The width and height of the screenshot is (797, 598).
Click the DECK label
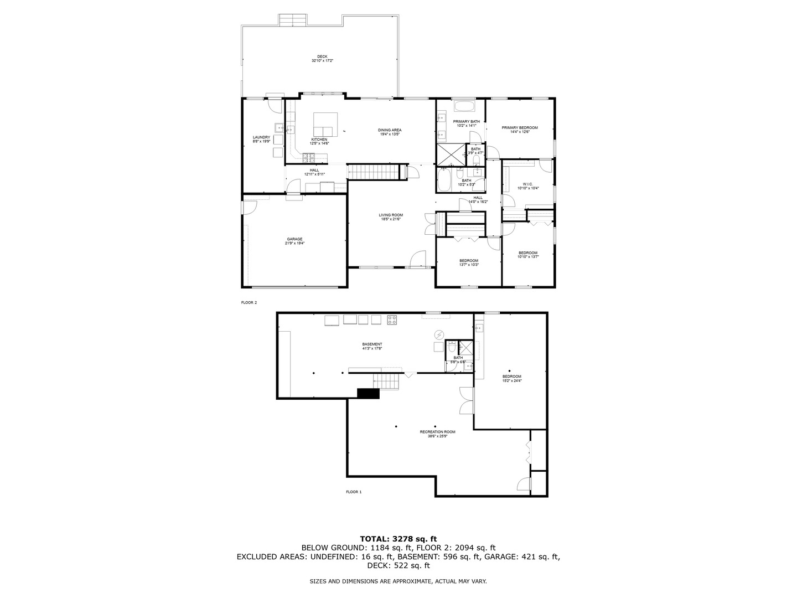(x=322, y=56)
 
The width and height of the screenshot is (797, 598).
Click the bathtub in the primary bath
(x=464, y=106)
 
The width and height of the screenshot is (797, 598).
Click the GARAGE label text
(x=294, y=239)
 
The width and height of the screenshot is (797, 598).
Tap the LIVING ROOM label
(x=390, y=215)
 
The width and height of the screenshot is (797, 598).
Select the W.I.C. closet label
(x=527, y=184)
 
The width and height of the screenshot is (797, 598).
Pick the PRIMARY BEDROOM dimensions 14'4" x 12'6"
(x=520, y=132)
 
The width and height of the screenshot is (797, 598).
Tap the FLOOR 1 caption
(x=353, y=492)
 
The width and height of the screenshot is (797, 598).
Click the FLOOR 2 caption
(x=249, y=302)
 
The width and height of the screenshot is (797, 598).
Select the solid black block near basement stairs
(x=368, y=393)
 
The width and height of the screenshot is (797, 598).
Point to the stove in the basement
(x=392, y=319)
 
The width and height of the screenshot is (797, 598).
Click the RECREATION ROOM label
(x=437, y=432)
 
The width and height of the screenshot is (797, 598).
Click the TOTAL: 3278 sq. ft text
(x=398, y=538)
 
